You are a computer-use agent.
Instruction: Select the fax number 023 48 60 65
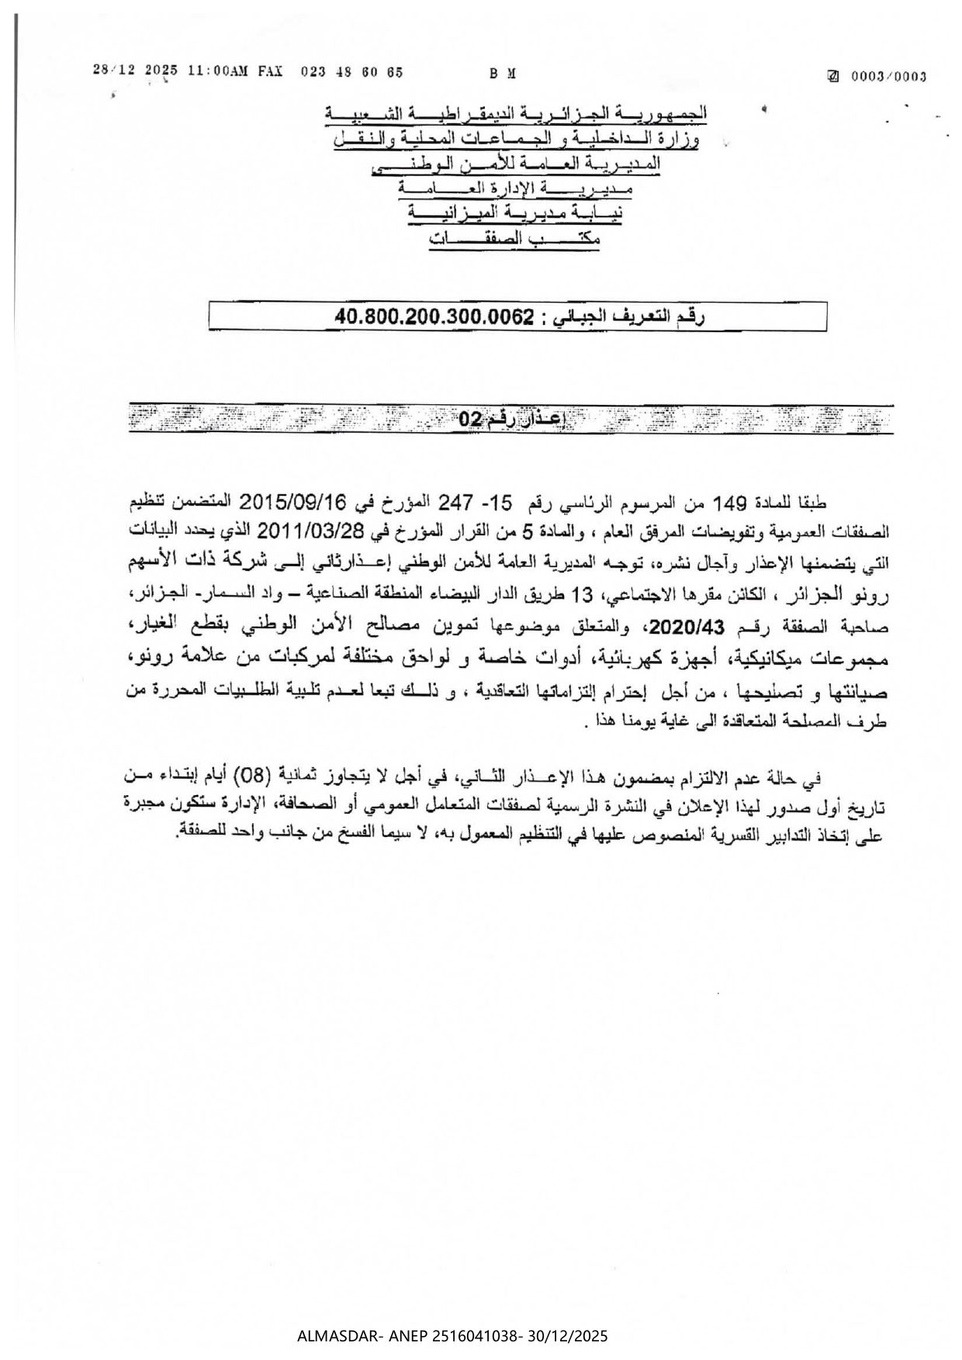351,71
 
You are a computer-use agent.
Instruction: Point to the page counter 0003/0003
888,76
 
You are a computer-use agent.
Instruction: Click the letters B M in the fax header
503,74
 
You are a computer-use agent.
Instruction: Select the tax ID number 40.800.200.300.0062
435,317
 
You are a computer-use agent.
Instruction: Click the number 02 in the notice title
470,420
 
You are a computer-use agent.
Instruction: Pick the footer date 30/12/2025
568,1336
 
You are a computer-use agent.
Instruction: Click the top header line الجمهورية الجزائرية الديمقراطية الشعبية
516,115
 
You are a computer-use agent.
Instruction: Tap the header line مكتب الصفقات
514,241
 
